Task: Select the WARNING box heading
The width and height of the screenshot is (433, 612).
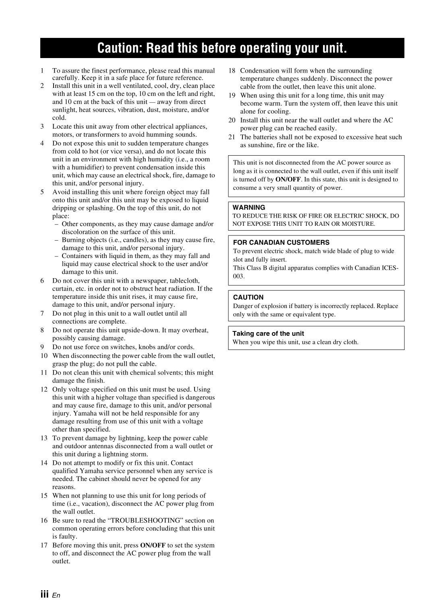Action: click(249, 207)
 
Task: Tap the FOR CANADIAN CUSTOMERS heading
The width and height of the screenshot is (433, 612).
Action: click(281, 242)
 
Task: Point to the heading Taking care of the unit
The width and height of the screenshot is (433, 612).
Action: click(268, 333)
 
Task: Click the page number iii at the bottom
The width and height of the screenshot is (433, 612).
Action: click(44, 595)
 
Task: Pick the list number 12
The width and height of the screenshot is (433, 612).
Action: click(44, 389)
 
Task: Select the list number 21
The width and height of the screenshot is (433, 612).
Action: click(232, 137)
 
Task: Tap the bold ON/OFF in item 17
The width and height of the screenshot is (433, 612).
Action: click(153, 545)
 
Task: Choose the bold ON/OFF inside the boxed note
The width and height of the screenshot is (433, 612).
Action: click(288, 179)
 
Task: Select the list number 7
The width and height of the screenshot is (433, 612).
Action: click(42, 313)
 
